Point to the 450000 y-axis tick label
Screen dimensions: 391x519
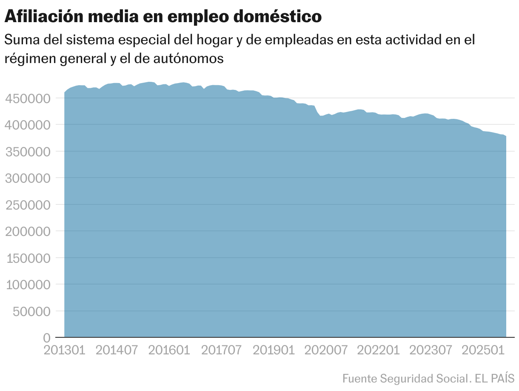click(x=27, y=98)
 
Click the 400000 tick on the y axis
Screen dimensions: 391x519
click(x=27, y=125)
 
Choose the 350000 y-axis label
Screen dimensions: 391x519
click(x=27, y=152)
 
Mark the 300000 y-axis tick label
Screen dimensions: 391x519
click(x=27, y=178)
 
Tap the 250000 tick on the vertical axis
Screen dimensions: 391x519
click(x=27, y=205)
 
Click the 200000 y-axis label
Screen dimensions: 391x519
click(x=27, y=231)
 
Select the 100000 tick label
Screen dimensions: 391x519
click(x=27, y=285)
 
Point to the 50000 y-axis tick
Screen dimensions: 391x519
click(x=30, y=311)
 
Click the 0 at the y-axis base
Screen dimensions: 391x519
click(x=47, y=338)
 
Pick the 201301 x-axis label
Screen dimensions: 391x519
click(x=65, y=350)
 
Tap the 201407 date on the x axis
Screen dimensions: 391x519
click(x=117, y=350)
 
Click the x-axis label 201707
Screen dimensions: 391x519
click(x=222, y=350)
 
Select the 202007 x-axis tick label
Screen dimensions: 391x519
click(x=326, y=350)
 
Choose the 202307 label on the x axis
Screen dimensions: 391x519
click(x=431, y=350)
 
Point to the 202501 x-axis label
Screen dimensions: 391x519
click(x=483, y=350)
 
